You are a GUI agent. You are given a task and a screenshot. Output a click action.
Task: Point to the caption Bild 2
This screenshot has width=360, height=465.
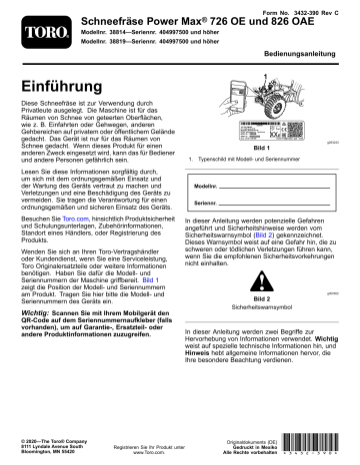[x=263, y=298]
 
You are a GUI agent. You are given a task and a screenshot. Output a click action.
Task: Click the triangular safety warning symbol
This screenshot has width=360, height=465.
[x=263, y=279]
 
